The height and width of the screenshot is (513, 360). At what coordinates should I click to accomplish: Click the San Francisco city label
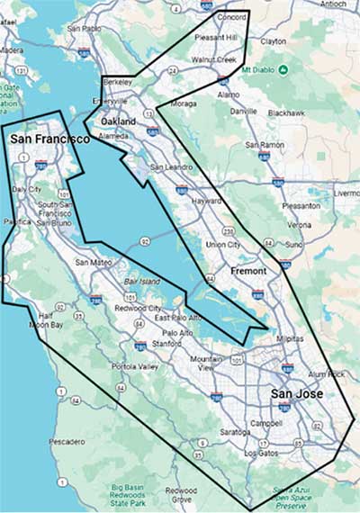coord(49,139)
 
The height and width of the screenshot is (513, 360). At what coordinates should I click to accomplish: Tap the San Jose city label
coord(297,394)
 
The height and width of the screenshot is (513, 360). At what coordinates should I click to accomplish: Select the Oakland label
coord(118,121)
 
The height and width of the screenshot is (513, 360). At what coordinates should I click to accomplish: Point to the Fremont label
coord(248,270)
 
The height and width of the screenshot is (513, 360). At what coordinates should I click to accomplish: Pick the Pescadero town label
coord(67,442)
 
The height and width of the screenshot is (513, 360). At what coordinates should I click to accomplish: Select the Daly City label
coord(28,189)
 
